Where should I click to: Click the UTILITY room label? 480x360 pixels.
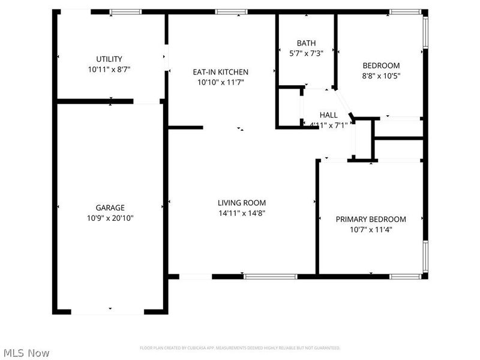coord(109,59)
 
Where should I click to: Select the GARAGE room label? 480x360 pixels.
coord(110,208)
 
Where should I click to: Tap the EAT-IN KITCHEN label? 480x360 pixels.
coord(220,71)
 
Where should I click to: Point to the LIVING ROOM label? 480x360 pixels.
coord(241,203)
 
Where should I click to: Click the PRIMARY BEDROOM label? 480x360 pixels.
coord(370,219)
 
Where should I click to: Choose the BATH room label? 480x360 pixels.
coord(306,43)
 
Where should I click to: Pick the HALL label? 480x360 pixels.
coord(328,115)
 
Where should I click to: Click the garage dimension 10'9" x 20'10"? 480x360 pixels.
coord(110,218)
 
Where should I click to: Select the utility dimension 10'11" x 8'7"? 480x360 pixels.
coord(109,69)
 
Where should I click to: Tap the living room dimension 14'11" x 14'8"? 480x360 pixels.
coord(241,213)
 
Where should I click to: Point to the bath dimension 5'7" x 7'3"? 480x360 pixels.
coord(306,53)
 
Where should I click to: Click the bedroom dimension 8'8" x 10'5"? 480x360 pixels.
coord(381,76)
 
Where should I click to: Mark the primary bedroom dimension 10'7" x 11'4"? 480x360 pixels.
coord(370,229)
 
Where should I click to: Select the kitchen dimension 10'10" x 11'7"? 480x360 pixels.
coord(220,82)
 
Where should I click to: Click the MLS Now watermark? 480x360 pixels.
coord(26,353)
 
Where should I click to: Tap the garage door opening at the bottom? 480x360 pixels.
coord(108,311)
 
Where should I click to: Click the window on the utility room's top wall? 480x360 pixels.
coord(125,11)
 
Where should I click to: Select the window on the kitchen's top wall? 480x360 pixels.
coord(231,11)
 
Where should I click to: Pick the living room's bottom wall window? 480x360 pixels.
coord(270,277)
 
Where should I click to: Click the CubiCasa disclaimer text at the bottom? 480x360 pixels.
coord(240,348)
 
